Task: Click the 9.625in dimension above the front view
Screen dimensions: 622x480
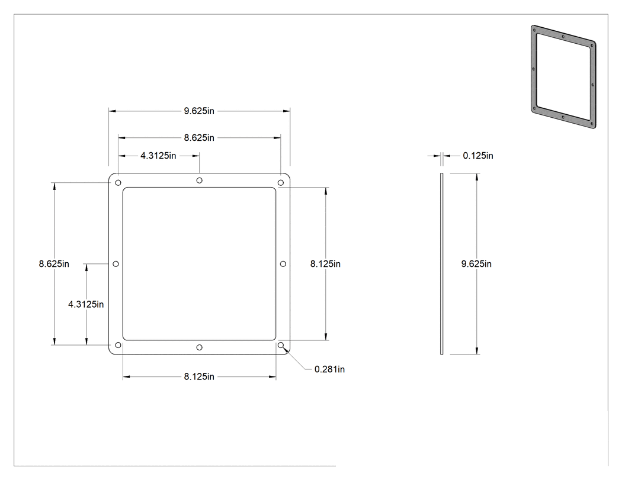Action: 198,111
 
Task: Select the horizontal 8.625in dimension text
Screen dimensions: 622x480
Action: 198,137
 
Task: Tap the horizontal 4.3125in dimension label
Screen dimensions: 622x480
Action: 158,156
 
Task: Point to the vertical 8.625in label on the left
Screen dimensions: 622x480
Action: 54,263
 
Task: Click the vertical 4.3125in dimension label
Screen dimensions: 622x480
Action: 86,304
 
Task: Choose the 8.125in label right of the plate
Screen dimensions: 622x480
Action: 325,263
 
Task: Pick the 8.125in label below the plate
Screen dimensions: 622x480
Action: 199,376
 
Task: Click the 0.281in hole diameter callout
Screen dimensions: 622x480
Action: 329,369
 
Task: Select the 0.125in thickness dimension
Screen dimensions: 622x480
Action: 478,156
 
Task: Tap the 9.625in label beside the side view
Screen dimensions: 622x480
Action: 476,263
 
